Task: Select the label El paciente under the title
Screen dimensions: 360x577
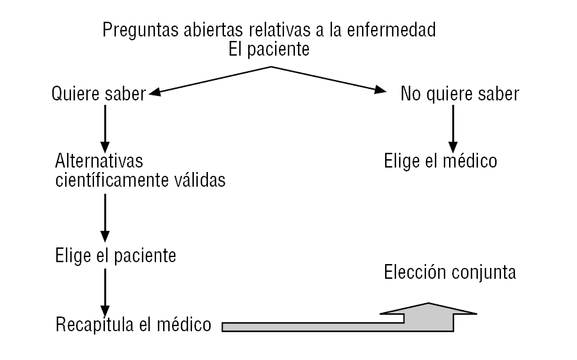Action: click(269, 50)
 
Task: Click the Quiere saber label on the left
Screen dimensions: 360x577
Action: click(99, 95)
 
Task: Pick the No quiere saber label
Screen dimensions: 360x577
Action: click(459, 95)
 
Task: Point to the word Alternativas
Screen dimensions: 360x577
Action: click(99, 160)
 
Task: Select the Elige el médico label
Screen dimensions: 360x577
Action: click(440, 160)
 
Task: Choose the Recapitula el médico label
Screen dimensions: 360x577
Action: click(133, 324)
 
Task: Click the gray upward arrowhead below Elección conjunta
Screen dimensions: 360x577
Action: click(429, 312)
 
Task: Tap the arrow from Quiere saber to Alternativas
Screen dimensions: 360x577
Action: click(106, 128)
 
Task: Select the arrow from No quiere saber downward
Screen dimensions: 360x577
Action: click(454, 128)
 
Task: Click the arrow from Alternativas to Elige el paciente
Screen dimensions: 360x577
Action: click(106, 217)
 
